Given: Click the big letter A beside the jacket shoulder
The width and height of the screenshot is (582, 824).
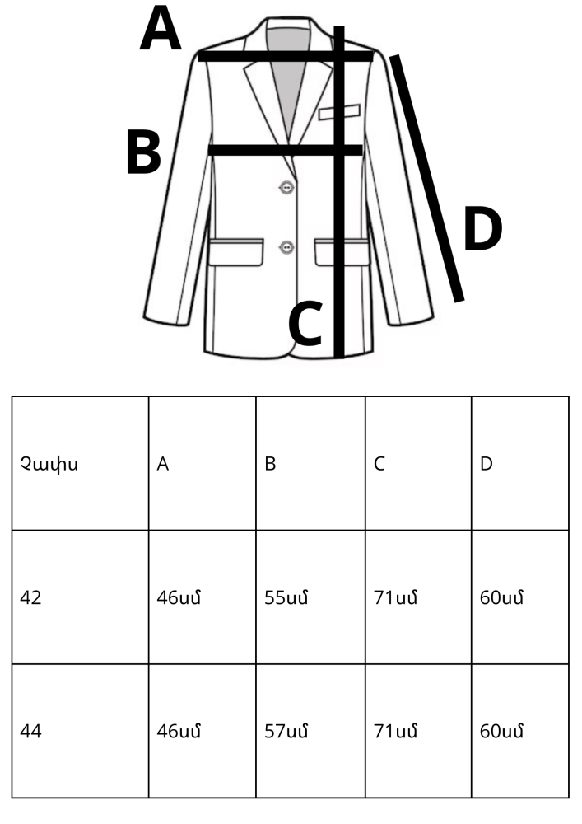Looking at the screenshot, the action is pyautogui.click(x=161, y=29).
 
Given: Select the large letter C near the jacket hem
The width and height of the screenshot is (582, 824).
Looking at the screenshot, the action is pyautogui.click(x=305, y=324).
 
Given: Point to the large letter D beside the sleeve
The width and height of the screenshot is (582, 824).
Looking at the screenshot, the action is pyautogui.click(x=483, y=229).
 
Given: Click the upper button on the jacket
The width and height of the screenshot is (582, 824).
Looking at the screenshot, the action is pyautogui.click(x=286, y=187).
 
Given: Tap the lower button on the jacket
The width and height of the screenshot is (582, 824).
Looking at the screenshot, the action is pyautogui.click(x=286, y=246).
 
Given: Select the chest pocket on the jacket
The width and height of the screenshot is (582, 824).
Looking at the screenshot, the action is pyautogui.click(x=339, y=112).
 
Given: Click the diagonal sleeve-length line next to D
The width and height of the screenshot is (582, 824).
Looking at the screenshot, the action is pyautogui.click(x=426, y=178).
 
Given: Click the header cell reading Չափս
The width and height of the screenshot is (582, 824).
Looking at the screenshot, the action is pyautogui.click(x=49, y=464).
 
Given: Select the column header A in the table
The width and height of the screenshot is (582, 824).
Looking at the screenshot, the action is pyautogui.click(x=163, y=464).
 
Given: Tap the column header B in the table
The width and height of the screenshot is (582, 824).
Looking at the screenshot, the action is pyautogui.click(x=270, y=464).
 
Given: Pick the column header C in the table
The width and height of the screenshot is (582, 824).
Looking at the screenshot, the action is pyautogui.click(x=379, y=464).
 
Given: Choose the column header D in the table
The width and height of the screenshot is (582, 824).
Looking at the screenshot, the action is pyautogui.click(x=487, y=464).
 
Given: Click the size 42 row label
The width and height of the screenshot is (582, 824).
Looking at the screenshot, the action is pyautogui.click(x=30, y=597).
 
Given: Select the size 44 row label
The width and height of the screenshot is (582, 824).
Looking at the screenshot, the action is pyautogui.click(x=30, y=731).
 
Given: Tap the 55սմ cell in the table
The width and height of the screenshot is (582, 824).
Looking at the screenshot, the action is pyautogui.click(x=286, y=597).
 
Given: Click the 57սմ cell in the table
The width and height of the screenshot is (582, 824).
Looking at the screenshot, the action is pyautogui.click(x=286, y=731).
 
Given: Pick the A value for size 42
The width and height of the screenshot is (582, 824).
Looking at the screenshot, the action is pyautogui.click(x=179, y=597).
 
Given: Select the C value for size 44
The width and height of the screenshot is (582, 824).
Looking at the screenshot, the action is pyautogui.click(x=395, y=731).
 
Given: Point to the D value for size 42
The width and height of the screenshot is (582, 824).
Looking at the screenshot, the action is pyautogui.click(x=501, y=597).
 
